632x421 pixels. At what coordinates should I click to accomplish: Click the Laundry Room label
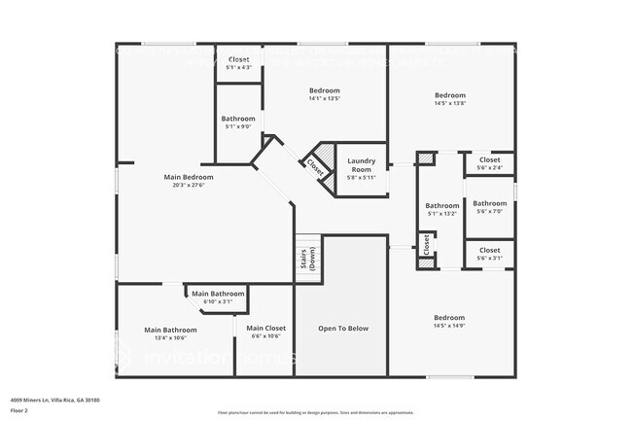pyautogui.click(x=361, y=163)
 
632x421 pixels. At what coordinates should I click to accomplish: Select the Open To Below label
pyautogui.click(x=343, y=329)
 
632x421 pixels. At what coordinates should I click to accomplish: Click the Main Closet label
pyautogui.click(x=265, y=328)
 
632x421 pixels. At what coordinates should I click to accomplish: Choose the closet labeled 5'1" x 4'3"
pyautogui.click(x=238, y=63)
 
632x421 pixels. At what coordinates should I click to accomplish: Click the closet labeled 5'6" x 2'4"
pyautogui.click(x=489, y=164)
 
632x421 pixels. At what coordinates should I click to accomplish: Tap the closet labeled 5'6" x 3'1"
pyautogui.click(x=489, y=255)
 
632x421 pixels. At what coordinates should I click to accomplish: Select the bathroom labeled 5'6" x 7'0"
pyautogui.click(x=489, y=208)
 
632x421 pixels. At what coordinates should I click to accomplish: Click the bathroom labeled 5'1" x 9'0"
pyautogui.click(x=238, y=122)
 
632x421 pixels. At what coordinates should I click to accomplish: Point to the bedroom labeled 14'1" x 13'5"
pyautogui.click(x=325, y=93)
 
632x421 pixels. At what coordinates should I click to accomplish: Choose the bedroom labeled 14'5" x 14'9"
pyautogui.click(x=449, y=322)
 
